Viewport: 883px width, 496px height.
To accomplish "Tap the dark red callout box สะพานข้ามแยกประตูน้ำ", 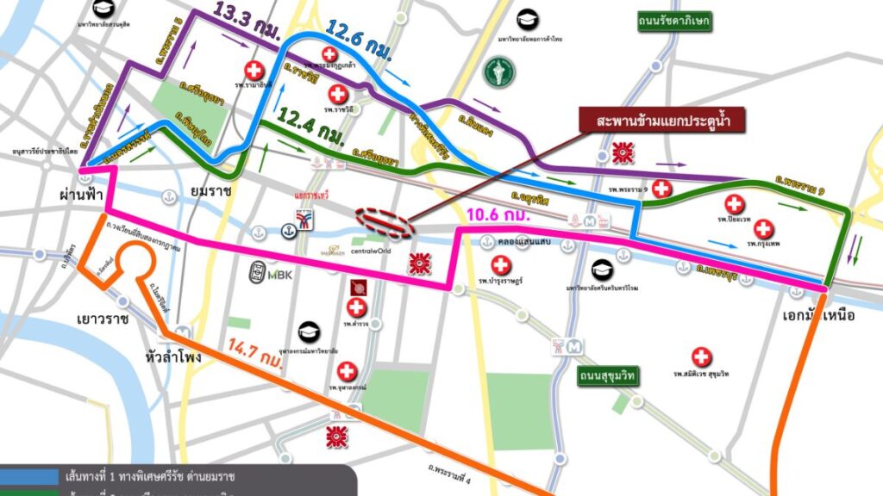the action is pyautogui.click(x=663, y=121).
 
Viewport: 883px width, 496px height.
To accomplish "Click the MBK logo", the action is pyautogui.click(x=268, y=274).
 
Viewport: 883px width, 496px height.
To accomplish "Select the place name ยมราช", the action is pyautogui.click(x=208, y=193).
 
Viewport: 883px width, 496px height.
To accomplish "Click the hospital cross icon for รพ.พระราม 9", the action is pyautogui.click(x=661, y=188).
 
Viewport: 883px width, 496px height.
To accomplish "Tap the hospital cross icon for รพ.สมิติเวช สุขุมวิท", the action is pyautogui.click(x=702, y=356).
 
